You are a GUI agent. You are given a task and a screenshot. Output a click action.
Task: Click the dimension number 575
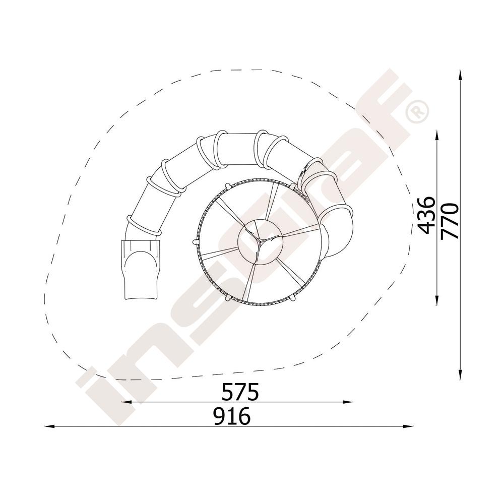[x=240, y=392]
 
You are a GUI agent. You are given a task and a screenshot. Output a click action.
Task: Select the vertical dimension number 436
[x=426, y=215]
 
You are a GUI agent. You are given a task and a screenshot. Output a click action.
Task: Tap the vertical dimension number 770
[x=449, y=221]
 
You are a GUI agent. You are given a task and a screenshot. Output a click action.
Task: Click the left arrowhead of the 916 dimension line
[x=49, y=426]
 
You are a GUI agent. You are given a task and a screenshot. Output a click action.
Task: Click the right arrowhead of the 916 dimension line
[x=408, y=426]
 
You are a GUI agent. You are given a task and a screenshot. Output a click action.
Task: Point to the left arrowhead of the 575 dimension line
[x=125, y=402]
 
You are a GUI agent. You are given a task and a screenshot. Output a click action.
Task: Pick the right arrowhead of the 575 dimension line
[x=348, y=402]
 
